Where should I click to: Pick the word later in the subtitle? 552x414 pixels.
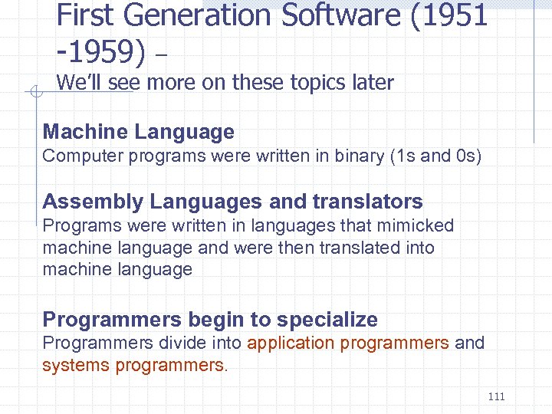[369, 83]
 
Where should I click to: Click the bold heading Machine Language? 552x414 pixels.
[138, 132]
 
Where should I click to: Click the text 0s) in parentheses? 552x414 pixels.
[466, 156]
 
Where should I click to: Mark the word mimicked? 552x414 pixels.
[419, 225]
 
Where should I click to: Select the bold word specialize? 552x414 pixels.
[327, 320]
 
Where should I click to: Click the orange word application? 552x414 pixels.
[292, 343]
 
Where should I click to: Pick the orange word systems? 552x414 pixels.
[76, 365]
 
